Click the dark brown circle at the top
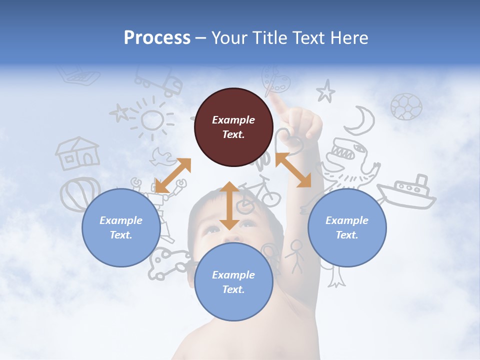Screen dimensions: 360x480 pos(233,127)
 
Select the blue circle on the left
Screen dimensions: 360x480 pos(121,228)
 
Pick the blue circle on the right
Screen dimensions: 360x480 pos(347,228)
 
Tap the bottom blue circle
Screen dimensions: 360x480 pos(233,282)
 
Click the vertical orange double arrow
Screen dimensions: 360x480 pos(229,205)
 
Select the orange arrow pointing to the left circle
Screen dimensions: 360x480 pos(173,175)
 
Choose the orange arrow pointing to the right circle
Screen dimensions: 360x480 pos(293,170)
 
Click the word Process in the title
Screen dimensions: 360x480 pos(157,37)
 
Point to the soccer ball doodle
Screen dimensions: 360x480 pos(406,106)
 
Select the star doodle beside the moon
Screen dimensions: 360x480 pos(325,91)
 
